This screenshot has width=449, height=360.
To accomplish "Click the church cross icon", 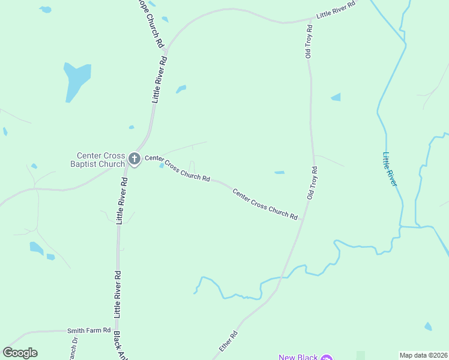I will pos(134,159).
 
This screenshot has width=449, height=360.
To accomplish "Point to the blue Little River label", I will pos(390,169).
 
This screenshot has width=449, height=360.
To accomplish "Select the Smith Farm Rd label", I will pos(89,330).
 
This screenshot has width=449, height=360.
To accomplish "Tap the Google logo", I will pos(20,353).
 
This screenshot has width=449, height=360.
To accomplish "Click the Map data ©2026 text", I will pos(423,355).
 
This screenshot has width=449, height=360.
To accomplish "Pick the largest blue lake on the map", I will pos(77,80).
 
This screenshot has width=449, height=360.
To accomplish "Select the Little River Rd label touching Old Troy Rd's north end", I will pos(336,11).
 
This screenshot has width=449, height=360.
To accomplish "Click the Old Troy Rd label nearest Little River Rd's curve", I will pos(308,41).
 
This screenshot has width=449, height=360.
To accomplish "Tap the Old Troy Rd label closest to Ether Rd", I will pos(312,183).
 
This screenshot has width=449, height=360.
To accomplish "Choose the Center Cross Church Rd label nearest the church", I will pos(177,169).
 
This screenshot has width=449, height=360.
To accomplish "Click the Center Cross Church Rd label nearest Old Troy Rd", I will pos(265,204).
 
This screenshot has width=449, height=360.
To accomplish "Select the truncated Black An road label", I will pos(121,346).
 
